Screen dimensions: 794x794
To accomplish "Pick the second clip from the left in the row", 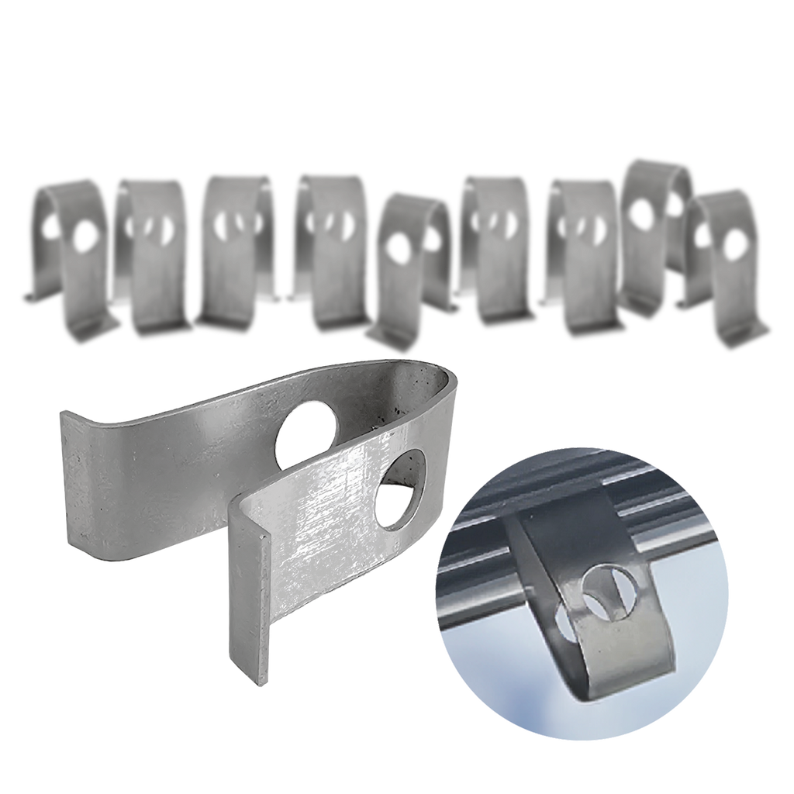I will pos(155,256).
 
